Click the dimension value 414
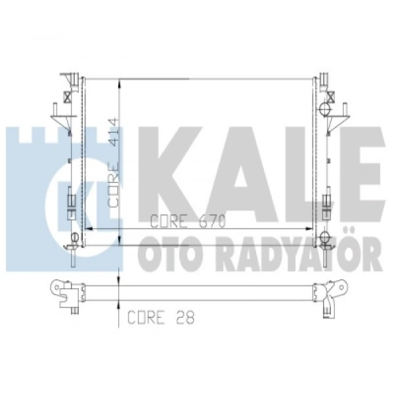point(114,132)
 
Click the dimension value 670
point(212,221)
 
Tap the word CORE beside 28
point(146,317)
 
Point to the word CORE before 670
point(169,221)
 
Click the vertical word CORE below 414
point(113,185)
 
